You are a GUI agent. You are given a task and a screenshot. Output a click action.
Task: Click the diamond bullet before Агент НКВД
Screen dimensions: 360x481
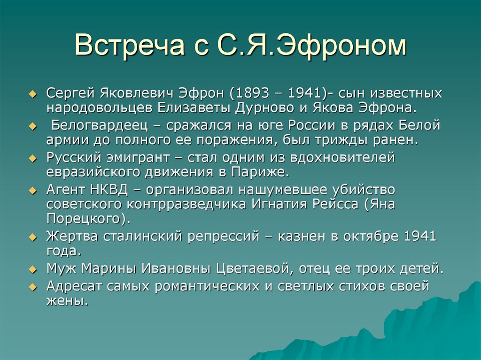[32, 191]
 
